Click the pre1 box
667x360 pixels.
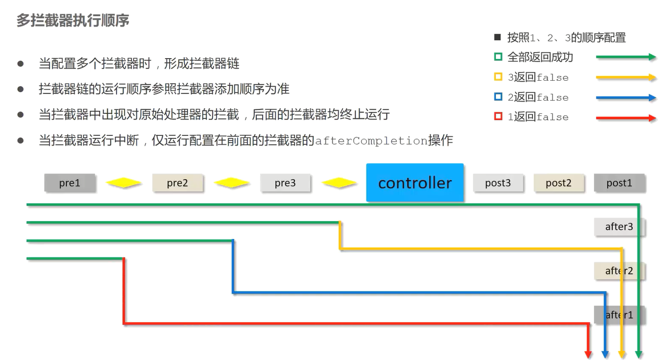pyautogui.click(x=70, y=183)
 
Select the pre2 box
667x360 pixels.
pyautogui.click(x=178, y=183)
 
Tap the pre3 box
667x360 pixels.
pyautogui.click(x=285, y=183)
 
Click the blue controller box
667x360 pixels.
pyautogui.click(x=415, y=182)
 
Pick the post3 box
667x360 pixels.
pyautogui.click(x=498, y=183)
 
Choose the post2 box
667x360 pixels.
pyautogui.click(x=558, y=183)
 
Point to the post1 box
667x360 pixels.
pyautogui.click(x=619, y=183)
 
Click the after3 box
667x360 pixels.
pyautogui.click(x=619, y=227)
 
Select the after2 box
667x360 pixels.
pyautogui.click(x=619, y=271)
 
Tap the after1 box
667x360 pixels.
pyautogui.click(x=619, y=315)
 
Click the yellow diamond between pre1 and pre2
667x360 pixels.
pyautogui.click(x=124, y=183)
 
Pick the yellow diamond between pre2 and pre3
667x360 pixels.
pyautogui.click(x=231, y=183)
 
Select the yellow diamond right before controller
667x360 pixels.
pyautogui.click(x=339, y=183)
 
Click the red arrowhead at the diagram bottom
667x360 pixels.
pyautogui.click(x=588, y=354)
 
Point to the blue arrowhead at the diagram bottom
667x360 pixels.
pyautogui.click(x=605, y=354)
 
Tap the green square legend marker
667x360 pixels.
pyautogui.click(x=498, y=57)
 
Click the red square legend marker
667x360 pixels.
pyautogui.click(x=498, y=117)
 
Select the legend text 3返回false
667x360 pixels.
pyautogui.click(x=538, y=78)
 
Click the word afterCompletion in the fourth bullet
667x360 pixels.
pyautogui.click(x=371, y=141)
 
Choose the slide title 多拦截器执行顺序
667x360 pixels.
pyautogui.click(x=73, y=20)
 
